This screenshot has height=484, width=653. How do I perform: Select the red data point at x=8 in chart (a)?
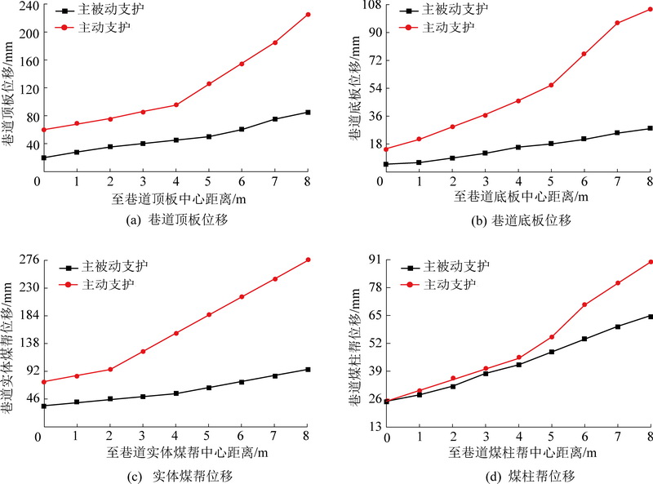[x=308, y=14]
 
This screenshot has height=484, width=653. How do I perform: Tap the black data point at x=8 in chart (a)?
[x=308, y=112]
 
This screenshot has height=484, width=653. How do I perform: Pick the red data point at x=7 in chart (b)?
[x=618, y=23]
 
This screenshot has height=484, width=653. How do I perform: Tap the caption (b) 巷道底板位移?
[x=518, y=220]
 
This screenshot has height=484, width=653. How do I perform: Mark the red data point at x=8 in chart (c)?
[x=308, y=260]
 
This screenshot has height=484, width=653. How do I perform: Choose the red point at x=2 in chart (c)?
[x=109, y=369]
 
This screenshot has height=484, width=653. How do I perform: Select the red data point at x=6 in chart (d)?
[x=584, y=304]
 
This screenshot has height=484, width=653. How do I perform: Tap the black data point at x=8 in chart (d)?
[x=651, y=316]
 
